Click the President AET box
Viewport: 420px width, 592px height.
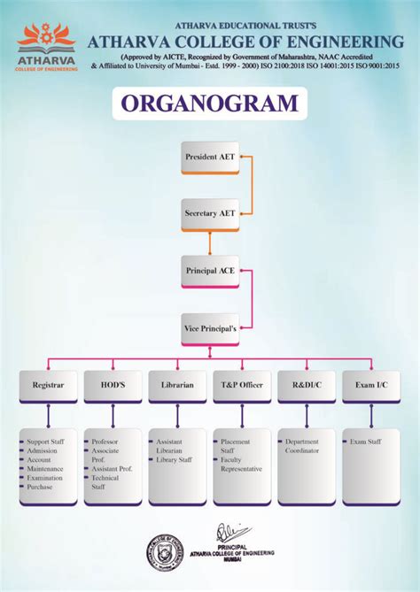[210, 157]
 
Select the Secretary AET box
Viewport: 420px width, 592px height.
[210, 214]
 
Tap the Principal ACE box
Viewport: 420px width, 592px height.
[210, 270]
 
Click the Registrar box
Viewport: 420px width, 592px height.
[47, 387]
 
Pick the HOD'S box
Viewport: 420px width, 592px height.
[112, 387]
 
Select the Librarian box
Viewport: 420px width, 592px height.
[177, 387]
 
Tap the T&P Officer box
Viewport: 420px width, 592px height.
[242, 387]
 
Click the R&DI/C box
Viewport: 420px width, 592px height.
[307, 387]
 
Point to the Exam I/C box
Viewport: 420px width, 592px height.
[371, 387]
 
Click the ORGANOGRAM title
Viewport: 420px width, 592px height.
[209, 104]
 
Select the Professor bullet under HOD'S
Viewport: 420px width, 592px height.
[105, 441]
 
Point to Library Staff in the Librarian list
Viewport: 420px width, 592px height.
[174, 459]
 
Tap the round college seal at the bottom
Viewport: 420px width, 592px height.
[166, 553]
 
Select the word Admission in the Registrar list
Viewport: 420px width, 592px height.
[44, 450]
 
